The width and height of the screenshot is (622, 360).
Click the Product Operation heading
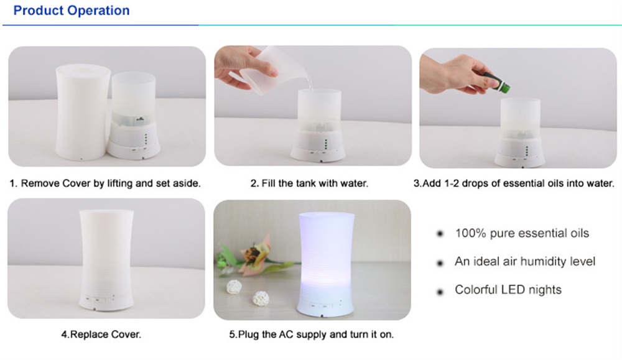[72, 11]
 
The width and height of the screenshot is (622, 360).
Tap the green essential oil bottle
[497, 82]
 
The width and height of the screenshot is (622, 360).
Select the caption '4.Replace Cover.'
[101, 335]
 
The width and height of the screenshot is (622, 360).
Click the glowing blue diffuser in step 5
[326, 264]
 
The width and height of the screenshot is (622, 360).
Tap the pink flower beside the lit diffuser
[254, 254]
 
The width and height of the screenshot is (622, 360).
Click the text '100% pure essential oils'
[522, 233]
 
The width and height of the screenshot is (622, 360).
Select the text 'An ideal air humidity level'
[525, 261]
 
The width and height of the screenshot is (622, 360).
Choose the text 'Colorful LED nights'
[508, 289]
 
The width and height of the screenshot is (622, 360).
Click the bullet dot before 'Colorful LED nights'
[440, 292]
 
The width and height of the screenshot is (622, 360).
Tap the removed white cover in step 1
[83, 112]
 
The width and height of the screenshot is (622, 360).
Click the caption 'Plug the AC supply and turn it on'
[312, 335]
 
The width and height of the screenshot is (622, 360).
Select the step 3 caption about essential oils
[514, 183]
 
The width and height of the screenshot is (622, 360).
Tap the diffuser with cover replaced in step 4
[106, 260]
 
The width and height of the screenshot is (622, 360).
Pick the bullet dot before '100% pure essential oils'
[440, 234]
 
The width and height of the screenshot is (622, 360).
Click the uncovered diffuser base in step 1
[133, 116]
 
